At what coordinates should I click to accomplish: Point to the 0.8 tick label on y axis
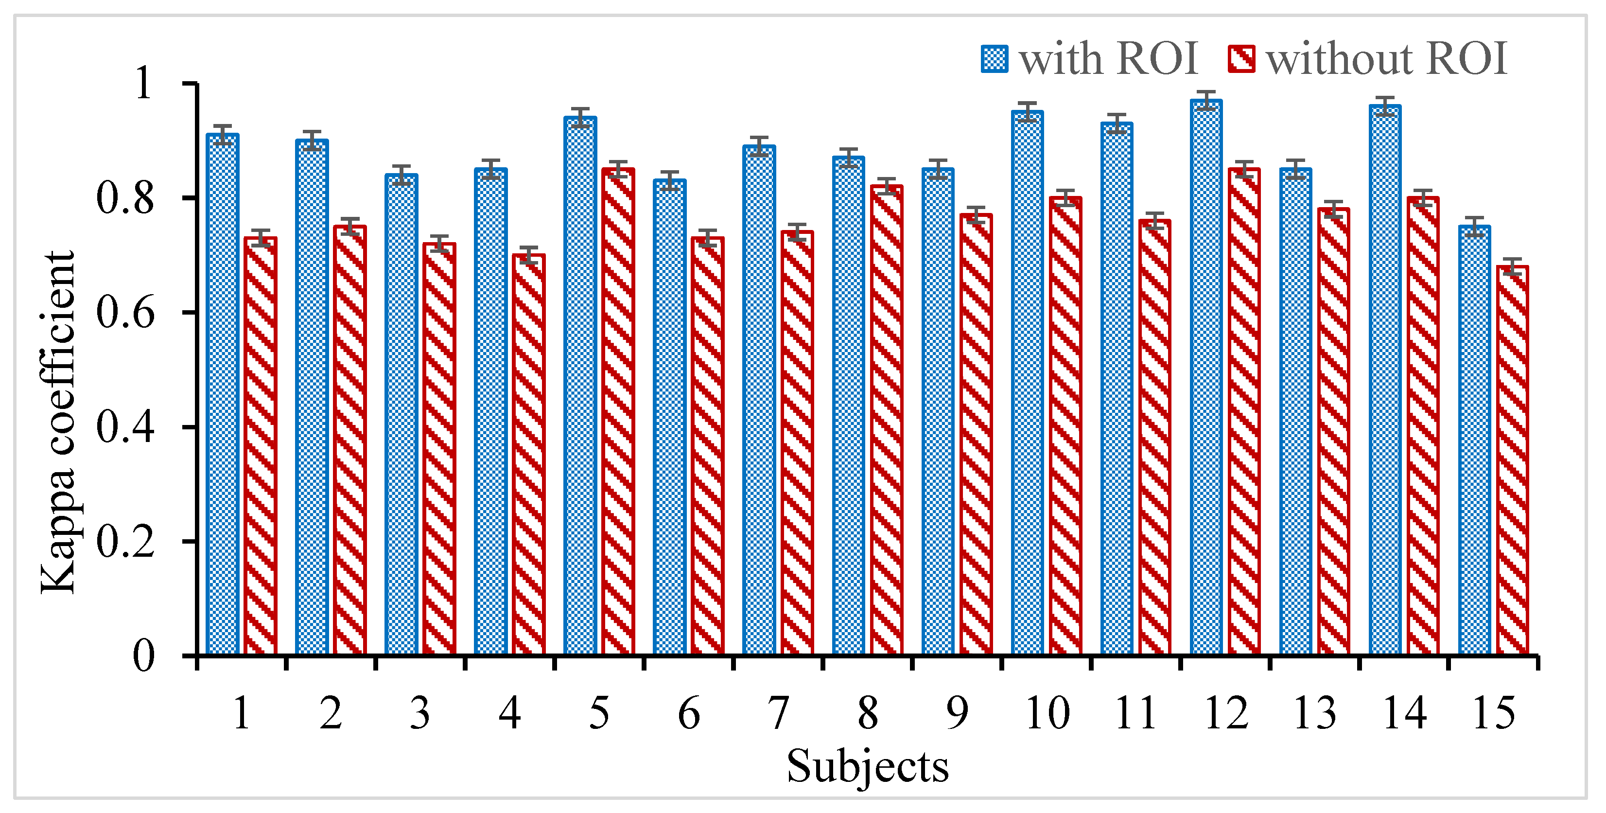125,198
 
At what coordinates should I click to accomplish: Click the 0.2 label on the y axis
125,541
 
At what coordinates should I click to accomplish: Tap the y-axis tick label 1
143,84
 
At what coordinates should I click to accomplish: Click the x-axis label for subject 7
778,713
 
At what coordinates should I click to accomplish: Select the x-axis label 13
1315,713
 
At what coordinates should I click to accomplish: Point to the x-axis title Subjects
867,766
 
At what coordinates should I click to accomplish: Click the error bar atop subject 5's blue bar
580,117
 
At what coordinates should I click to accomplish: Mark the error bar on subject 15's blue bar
1474,226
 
